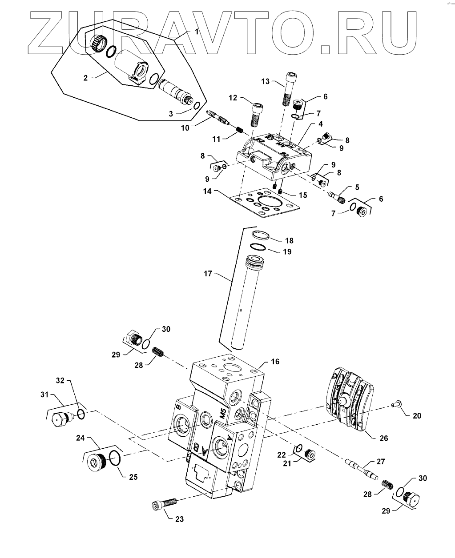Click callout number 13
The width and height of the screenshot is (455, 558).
[266, 81]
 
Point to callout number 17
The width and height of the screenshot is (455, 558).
[208, 274]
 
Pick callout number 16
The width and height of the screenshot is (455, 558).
[275, 362]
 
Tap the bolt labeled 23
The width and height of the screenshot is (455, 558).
[165, 503]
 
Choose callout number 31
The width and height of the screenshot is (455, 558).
[44, 402]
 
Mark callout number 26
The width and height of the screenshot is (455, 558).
[384, 438]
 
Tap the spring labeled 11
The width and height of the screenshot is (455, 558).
[239, 129]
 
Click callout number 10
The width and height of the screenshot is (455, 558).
[185, 128]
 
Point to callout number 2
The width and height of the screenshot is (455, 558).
[85, 78]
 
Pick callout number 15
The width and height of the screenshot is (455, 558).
[303, 195]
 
